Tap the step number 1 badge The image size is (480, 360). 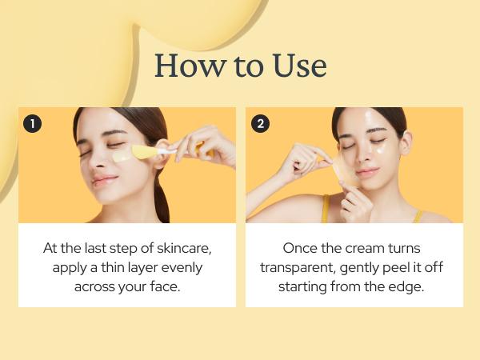[x=32, y=123]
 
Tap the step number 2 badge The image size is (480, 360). [x=260, y=123]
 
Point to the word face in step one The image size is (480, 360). [x=164, y=286]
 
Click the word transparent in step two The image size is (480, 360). [x=301, y=266]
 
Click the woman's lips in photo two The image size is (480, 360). [x=367, y=172]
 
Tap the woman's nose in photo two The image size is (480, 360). [x=366, y=154]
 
